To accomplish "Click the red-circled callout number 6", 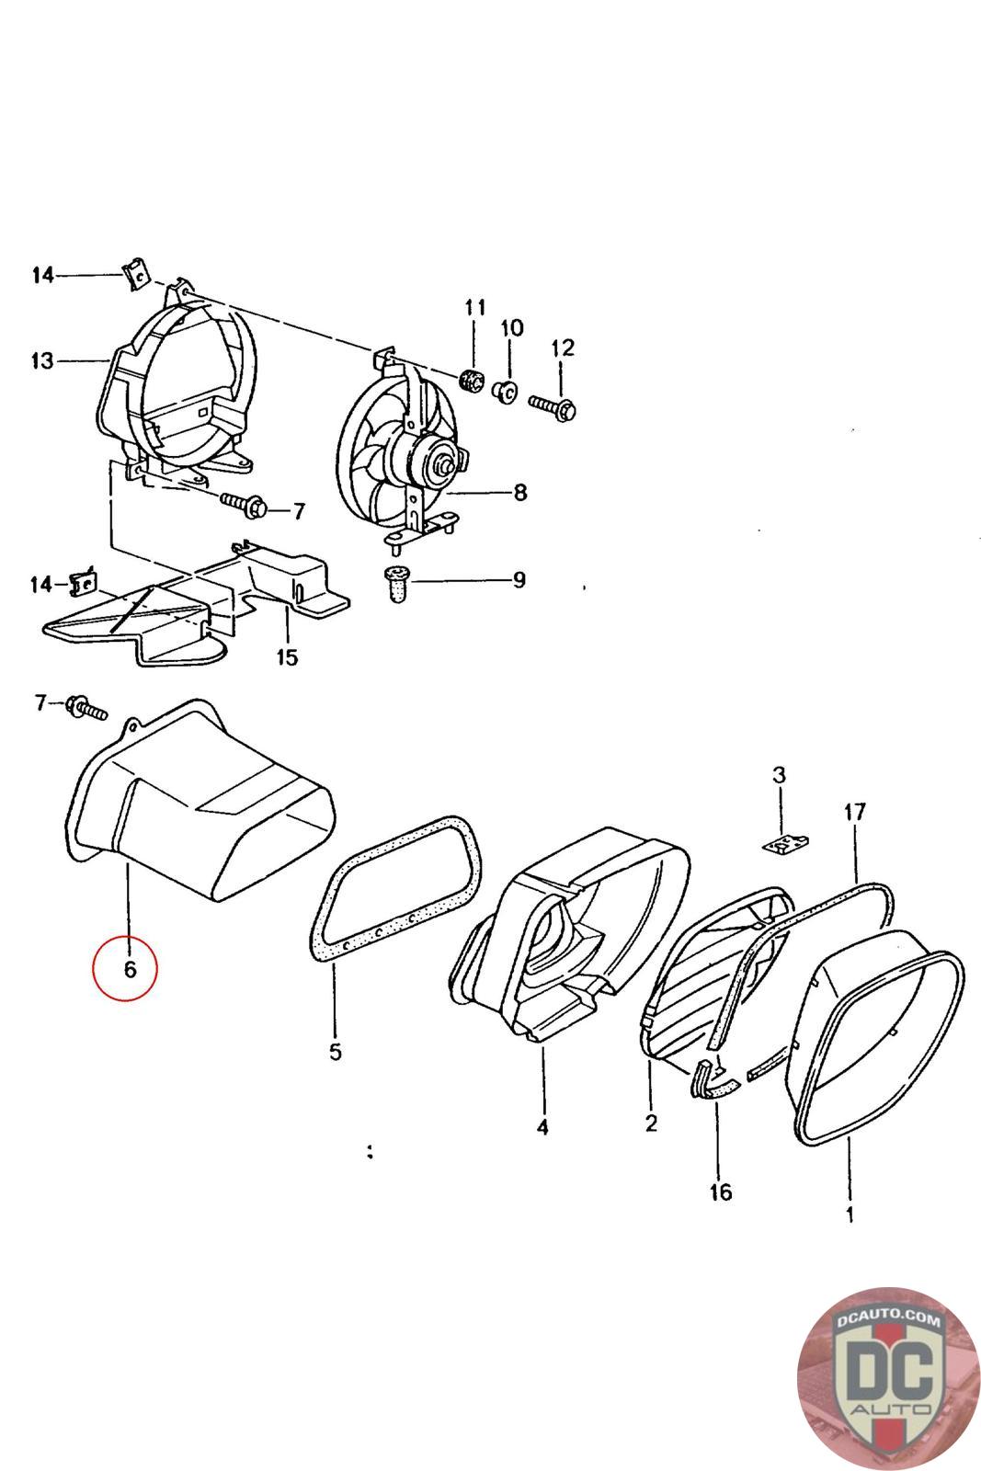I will point(128,968).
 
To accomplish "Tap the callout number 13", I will point(42,360).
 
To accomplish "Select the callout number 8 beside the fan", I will point(520,494).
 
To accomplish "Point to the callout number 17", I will point(855,812).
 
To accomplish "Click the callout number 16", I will point(721,1192).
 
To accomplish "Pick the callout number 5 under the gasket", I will point(335,1051).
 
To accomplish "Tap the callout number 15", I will point(288,657).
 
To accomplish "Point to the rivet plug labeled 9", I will point(397,584).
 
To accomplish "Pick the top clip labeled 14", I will point(134,273).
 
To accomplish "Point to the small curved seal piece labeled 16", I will point(713,1079).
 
